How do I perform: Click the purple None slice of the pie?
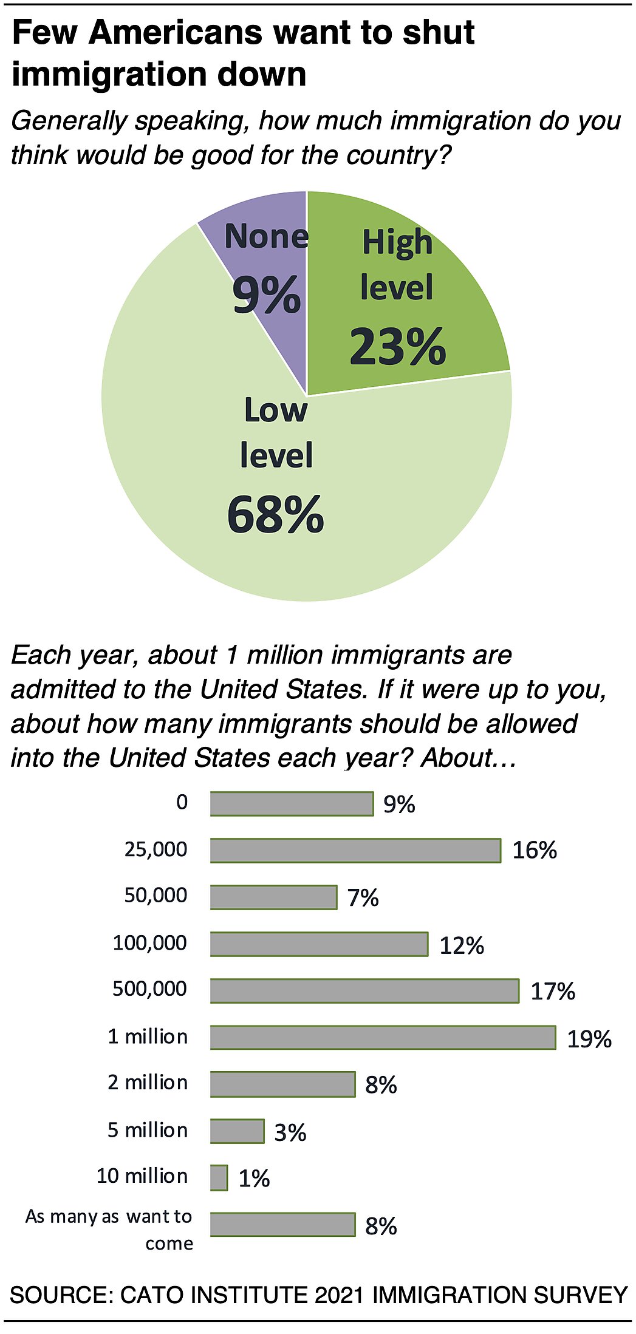[x=267, y=267]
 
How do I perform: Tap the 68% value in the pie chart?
[x=275, y=515]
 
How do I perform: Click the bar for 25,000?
[x=355, y=850]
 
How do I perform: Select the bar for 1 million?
[x=383, y=1037]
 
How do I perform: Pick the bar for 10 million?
[x=219, y=1177]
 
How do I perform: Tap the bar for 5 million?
[x=237, y=1131]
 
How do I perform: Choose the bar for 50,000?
[x=273, y=897]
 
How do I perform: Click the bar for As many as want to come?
[x=282, y=1224]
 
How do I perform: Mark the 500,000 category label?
[x=149, y=989]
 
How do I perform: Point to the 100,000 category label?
[x=149, y=943]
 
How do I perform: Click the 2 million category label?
[x=148, y=1082]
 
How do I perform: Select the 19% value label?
[x=589, y=1039]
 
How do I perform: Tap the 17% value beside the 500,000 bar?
[x=553, y=992]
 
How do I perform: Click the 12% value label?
[x=462, y=945]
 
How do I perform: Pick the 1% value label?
[x=254, y=1179]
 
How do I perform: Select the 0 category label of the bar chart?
[x=182, y=802]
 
